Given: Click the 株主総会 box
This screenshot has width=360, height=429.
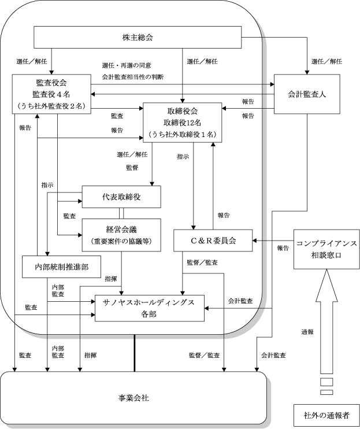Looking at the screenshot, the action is click(x=138, y=37).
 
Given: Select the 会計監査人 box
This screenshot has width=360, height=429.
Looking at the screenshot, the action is click(x=307, y=94).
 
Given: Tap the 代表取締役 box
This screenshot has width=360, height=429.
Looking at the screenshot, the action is click(x=121, y=197).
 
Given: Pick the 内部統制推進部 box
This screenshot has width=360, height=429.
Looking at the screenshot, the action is click(x=61, y=267).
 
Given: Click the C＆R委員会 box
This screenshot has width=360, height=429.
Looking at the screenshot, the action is click(x=213, y=241).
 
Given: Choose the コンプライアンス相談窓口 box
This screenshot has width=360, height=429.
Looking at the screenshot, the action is click(x=326, y=249).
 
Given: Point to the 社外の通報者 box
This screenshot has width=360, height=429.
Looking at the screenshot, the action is click(x=326, y=415).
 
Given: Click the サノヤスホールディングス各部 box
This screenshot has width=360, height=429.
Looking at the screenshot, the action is click(x=150, y=308).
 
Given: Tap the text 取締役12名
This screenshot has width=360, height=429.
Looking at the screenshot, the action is click(x=183, y=123).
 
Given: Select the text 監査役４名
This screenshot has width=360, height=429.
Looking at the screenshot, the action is click(x=51, y=94).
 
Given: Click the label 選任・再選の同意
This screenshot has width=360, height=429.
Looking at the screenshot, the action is click(x=127, y=65).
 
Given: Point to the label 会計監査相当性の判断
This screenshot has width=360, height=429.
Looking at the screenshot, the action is click(x=133, y=77).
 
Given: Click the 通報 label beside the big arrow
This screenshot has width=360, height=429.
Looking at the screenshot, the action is click(x=307, y=332).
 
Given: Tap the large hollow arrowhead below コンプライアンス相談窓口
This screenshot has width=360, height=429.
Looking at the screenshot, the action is click(x=326, y=286).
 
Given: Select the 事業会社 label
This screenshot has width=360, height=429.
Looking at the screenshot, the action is click(x=133, y=398).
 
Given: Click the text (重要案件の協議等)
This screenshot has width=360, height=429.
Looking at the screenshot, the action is click(x=121, y=241).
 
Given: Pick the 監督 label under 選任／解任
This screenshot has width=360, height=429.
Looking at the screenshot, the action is click(x=132, y=168).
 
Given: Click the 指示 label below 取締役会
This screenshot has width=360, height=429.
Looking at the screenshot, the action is click(x=183, y=157).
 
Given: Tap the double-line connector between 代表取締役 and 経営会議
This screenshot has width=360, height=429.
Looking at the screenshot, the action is click(x=121, y=213).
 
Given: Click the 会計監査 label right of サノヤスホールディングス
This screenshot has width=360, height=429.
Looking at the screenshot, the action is click(x=240, y=301).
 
